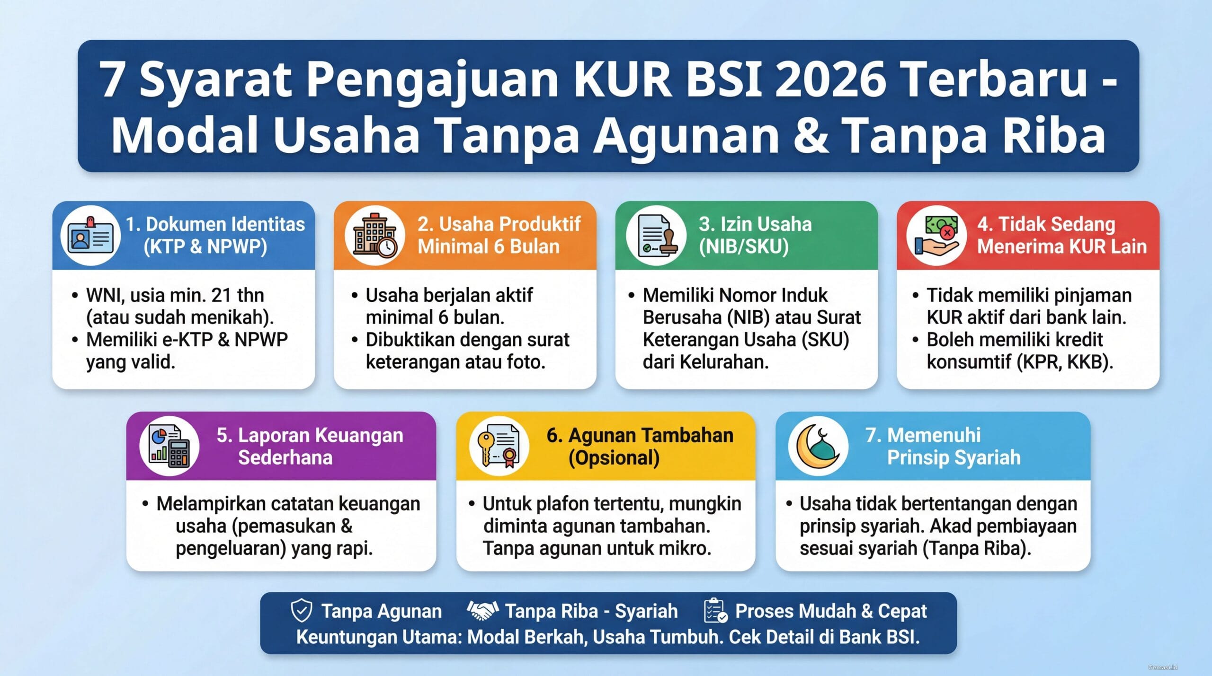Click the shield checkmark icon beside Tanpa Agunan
(x=301, y=611)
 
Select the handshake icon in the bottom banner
(x=482, y=611)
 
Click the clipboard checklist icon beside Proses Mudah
(x=715, y=611)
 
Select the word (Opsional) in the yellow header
(x=614, y=458)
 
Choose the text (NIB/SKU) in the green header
(x=743, y=246)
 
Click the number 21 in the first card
(x=221, y=296)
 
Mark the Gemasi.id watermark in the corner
(x=1162, y=667)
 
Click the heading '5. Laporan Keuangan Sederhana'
(x=310, y=446)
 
